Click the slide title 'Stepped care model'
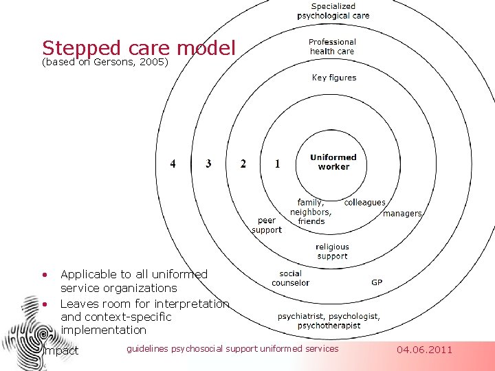coord(138,48)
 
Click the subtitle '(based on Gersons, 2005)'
coord(105,63)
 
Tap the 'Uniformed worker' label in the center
coord(333,162)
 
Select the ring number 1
coord(277,164)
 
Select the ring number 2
coord(243,164)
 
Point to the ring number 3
coord(208,164)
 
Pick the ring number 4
coord(173,164)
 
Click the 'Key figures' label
coord(334,78)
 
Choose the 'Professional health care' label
coord(332,47)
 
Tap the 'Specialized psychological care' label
coord(333,11)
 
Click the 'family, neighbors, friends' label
coord(311,212)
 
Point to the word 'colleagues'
coord(364,203)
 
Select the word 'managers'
coord(402,214)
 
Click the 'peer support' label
coord(267,225)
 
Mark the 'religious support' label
coord(332,251)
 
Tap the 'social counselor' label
coord(291,278)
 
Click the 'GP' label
coord(377,282)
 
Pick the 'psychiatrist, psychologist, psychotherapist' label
coord(329,321)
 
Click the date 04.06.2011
coord(425,350)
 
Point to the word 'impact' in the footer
coord(61,350)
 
